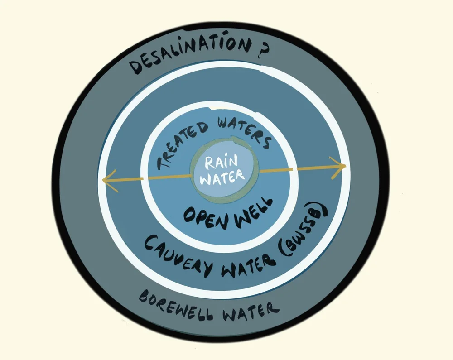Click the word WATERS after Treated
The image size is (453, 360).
coord(240,132)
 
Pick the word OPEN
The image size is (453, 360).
coord(204,214)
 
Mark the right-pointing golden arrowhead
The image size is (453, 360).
coord(339,166)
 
